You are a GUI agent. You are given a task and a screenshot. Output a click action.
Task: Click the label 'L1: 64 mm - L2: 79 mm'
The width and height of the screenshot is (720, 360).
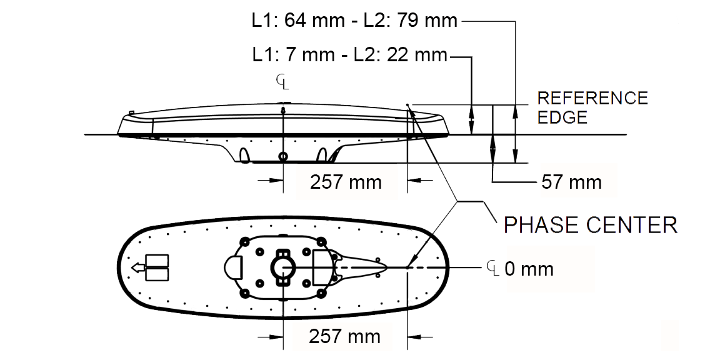(x=354, y=21)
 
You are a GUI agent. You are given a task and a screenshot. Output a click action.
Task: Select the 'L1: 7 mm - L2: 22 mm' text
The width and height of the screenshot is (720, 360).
(x=349, y=55)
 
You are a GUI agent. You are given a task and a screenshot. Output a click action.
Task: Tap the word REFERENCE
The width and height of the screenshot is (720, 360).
(x=592, y=98)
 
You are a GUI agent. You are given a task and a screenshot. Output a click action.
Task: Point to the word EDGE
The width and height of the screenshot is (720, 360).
(x=562, y=117)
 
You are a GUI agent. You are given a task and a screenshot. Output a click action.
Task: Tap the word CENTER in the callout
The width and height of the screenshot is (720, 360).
(x=631, y=224)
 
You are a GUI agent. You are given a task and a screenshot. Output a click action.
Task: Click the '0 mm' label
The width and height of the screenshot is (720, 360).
(x=528, y=269)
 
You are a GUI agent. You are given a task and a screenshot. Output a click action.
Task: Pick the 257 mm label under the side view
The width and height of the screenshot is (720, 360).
(x=345, y=182)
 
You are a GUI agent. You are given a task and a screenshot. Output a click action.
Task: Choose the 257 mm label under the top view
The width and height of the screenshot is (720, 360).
(x=344, y=337)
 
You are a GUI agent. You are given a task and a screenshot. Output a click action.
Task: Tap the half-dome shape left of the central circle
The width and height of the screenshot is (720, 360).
(x=232, y=268)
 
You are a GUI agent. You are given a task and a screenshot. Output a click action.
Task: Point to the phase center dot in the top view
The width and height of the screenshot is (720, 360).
(x=407, y=268)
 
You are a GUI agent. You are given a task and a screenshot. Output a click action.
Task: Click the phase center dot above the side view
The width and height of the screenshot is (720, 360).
(x=407, y=105)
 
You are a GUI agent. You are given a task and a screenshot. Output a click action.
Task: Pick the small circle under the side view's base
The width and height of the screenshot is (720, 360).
(x=284, y=156)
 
